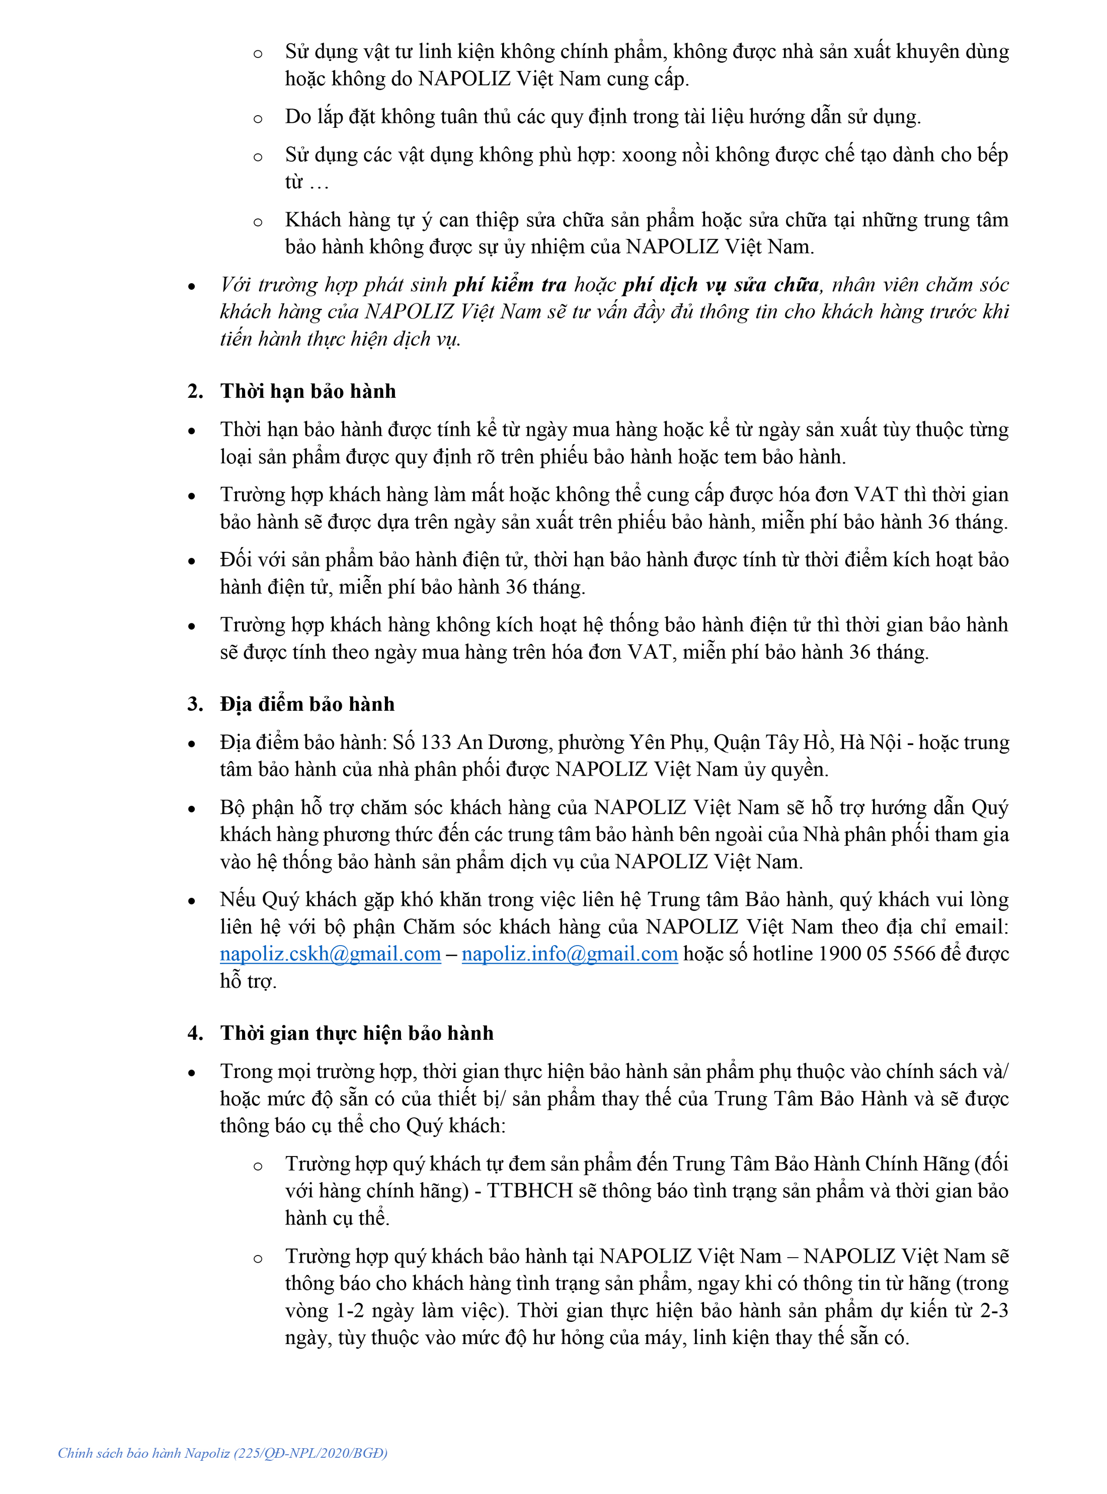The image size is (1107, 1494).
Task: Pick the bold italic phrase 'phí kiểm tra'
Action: [510, 285]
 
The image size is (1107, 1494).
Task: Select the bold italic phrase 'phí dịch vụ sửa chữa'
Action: [721, 285]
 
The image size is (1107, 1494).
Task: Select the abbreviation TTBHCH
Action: [529, 1191]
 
